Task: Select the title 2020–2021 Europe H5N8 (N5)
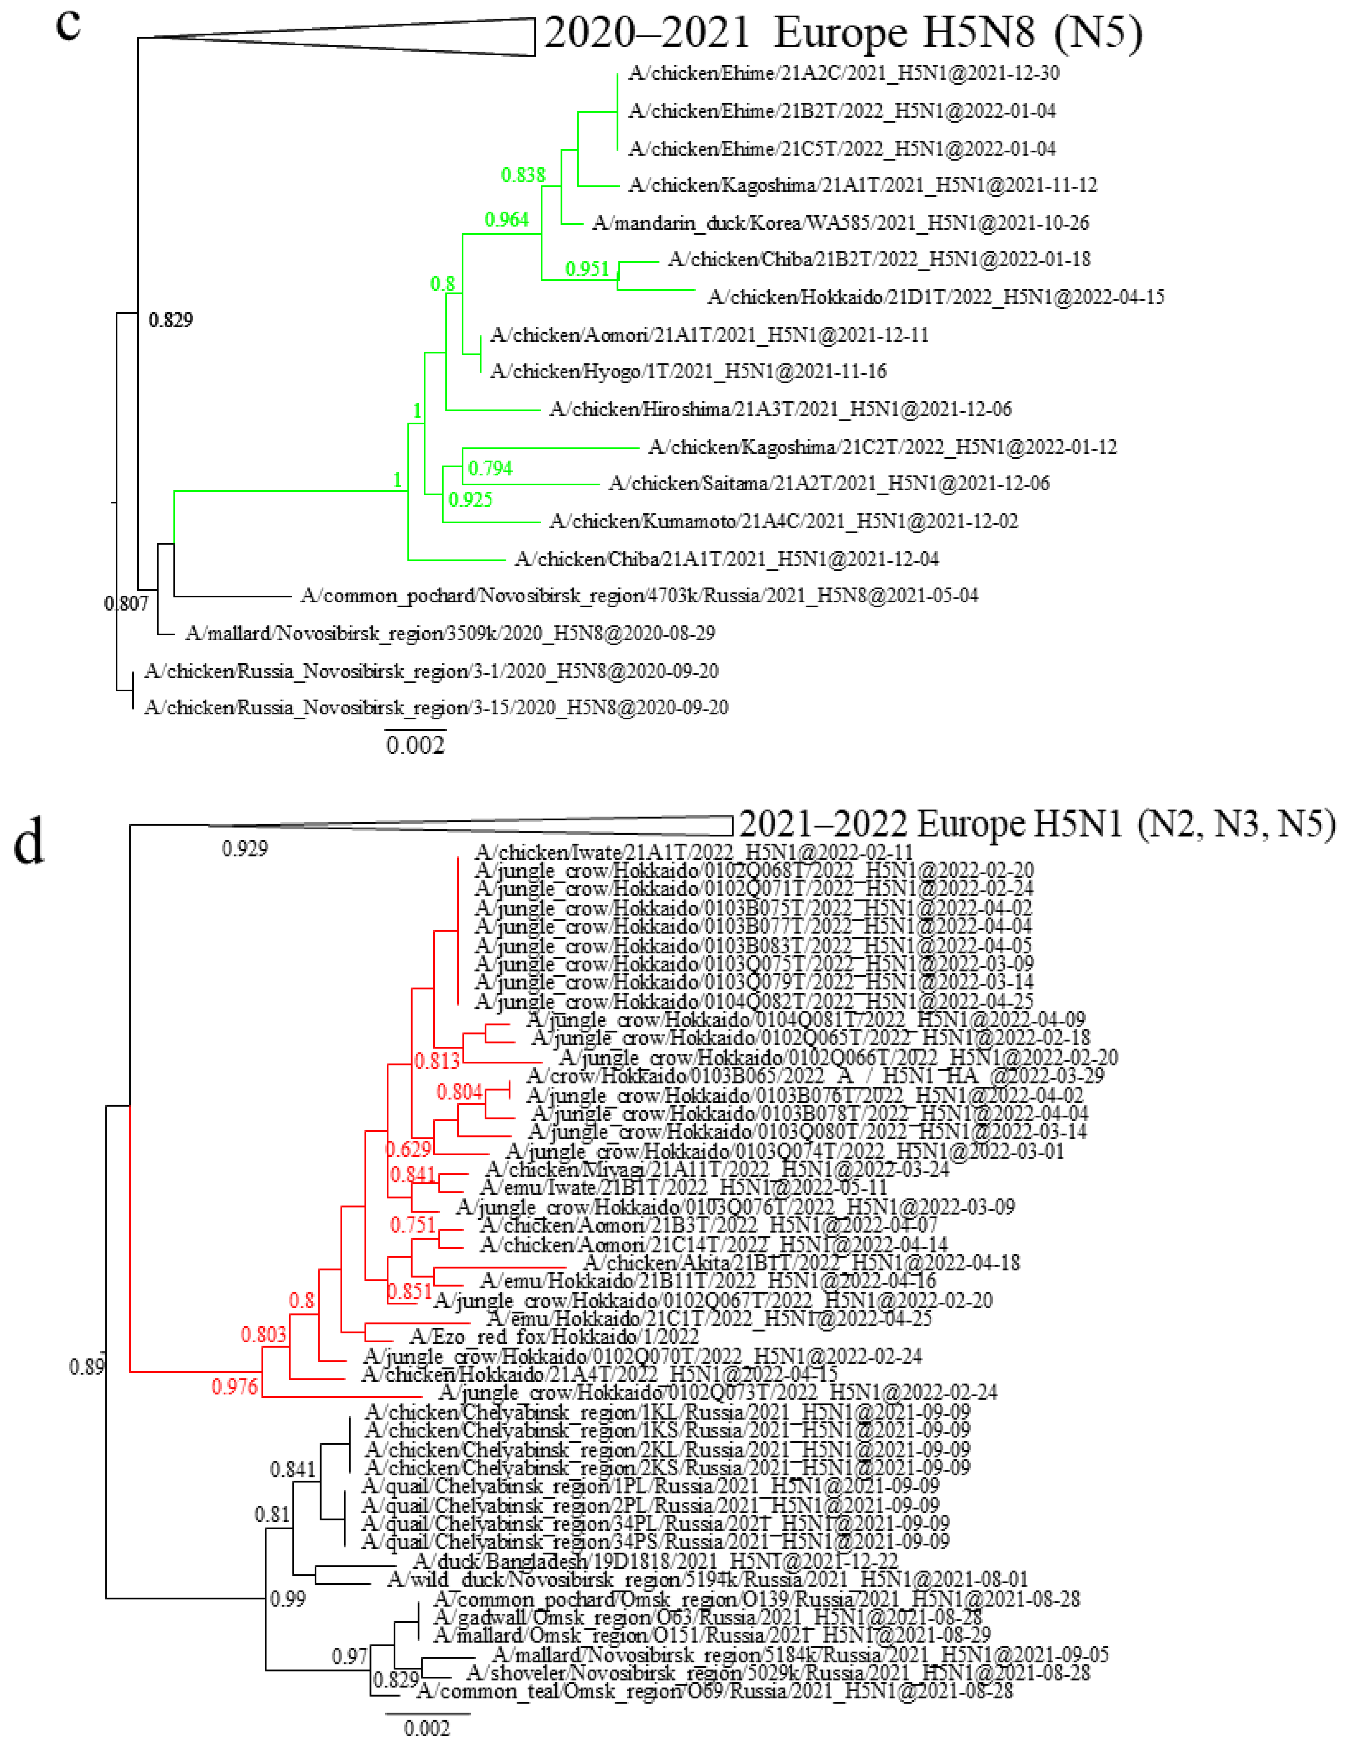click(x=843, y=34)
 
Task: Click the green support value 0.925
click(x=470, y=500)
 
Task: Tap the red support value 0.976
click(x=234, y=1386)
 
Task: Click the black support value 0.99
click(x=287, y=1599)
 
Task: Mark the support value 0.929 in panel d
click(x=245, y=848)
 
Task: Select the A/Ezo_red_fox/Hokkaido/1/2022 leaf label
click(x=554, y=1336)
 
